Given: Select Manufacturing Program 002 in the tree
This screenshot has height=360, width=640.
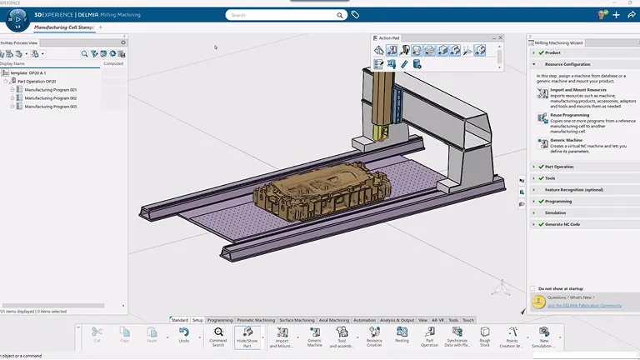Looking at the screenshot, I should (50, 98).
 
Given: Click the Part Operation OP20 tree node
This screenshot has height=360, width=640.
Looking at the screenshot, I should (38, 82).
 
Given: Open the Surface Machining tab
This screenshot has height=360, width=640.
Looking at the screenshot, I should (297, 320).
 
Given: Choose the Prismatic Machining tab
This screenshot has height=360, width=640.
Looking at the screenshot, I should (256, 320).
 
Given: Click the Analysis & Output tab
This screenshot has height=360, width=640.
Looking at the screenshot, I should (396, 320).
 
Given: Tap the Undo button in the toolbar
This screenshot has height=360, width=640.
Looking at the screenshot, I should (183, 335).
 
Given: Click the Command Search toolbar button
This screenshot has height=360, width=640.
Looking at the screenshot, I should (217, 335).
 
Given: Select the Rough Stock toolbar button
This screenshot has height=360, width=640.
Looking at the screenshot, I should (484, 335).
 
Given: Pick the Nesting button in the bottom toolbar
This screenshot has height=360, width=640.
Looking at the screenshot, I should (402, 335).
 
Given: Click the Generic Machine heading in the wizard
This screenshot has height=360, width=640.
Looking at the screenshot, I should (566, 140).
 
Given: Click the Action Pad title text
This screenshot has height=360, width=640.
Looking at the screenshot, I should (390, 37).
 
